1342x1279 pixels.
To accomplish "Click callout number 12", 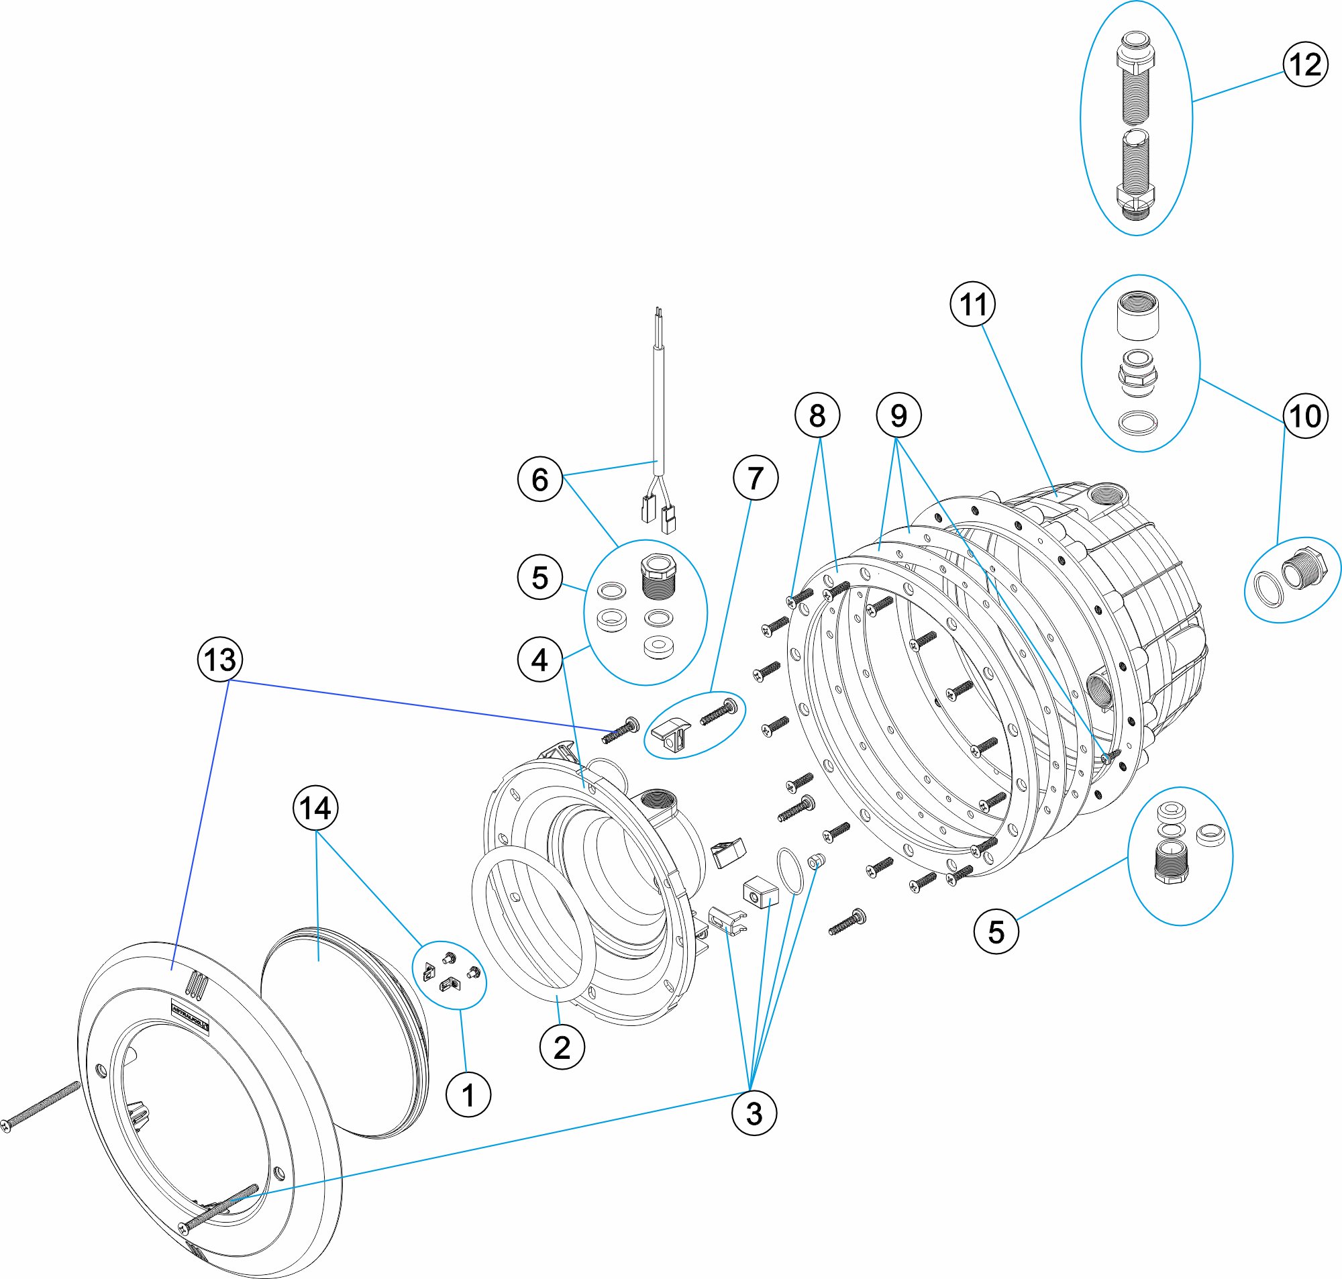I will [x=1304, y=65].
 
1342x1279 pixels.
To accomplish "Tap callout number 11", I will [x=972, y=304].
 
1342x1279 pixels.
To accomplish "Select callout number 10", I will [x=1304, y=416].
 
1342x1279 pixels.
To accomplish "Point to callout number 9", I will [x=898, y=415].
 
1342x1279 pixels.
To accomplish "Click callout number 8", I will [x=817, y=415].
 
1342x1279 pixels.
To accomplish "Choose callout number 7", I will [x=754, y=478].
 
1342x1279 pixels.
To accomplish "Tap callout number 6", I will [x=539, y=480].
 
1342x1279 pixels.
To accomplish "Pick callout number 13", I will [x=219, y=659].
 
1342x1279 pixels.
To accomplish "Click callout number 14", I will [x=315, y=809].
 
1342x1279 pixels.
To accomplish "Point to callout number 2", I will [x=562, y=1047].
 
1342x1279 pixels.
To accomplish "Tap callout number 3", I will [x=753, y=1114].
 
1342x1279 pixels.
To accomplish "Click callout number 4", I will [x=539, y=660].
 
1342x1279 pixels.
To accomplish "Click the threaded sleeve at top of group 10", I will [x=1137, y=315].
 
